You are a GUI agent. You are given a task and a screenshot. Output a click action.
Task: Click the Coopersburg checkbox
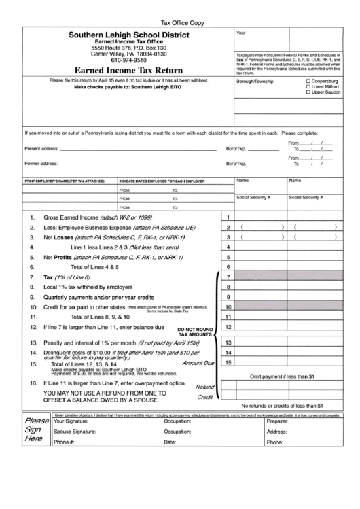coord(309,81)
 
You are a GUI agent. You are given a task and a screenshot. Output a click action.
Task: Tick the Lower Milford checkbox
coord(309,86)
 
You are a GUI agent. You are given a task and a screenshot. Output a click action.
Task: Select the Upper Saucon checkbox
coord(309,92)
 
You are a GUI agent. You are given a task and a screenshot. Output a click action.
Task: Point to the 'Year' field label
coord(241,33)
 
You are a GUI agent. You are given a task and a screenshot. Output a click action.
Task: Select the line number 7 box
coord(228,277)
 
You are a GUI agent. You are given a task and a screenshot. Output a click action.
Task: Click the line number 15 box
coord(228,362)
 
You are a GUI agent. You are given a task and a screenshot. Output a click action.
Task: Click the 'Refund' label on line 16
coord(205,385)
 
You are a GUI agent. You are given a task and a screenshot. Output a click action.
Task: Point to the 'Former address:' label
coord(41,163)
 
